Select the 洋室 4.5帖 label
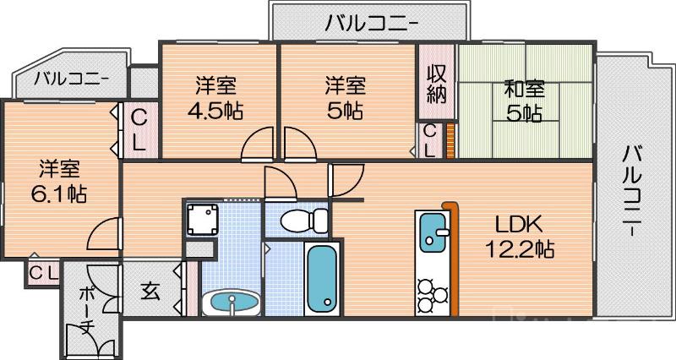[x=215, y=98]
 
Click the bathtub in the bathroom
[x=321, y=278]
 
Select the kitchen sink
[x=434, y=233]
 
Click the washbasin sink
[x=232, y=301]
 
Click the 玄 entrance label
[x=150, y=292]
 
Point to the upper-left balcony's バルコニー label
[x=71, y=81]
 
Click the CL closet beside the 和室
[x=429, y=140]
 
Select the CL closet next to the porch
[x=42, y=273]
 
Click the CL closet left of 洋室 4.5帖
[x=139, y=130]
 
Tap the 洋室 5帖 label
[x=346, y=98]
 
